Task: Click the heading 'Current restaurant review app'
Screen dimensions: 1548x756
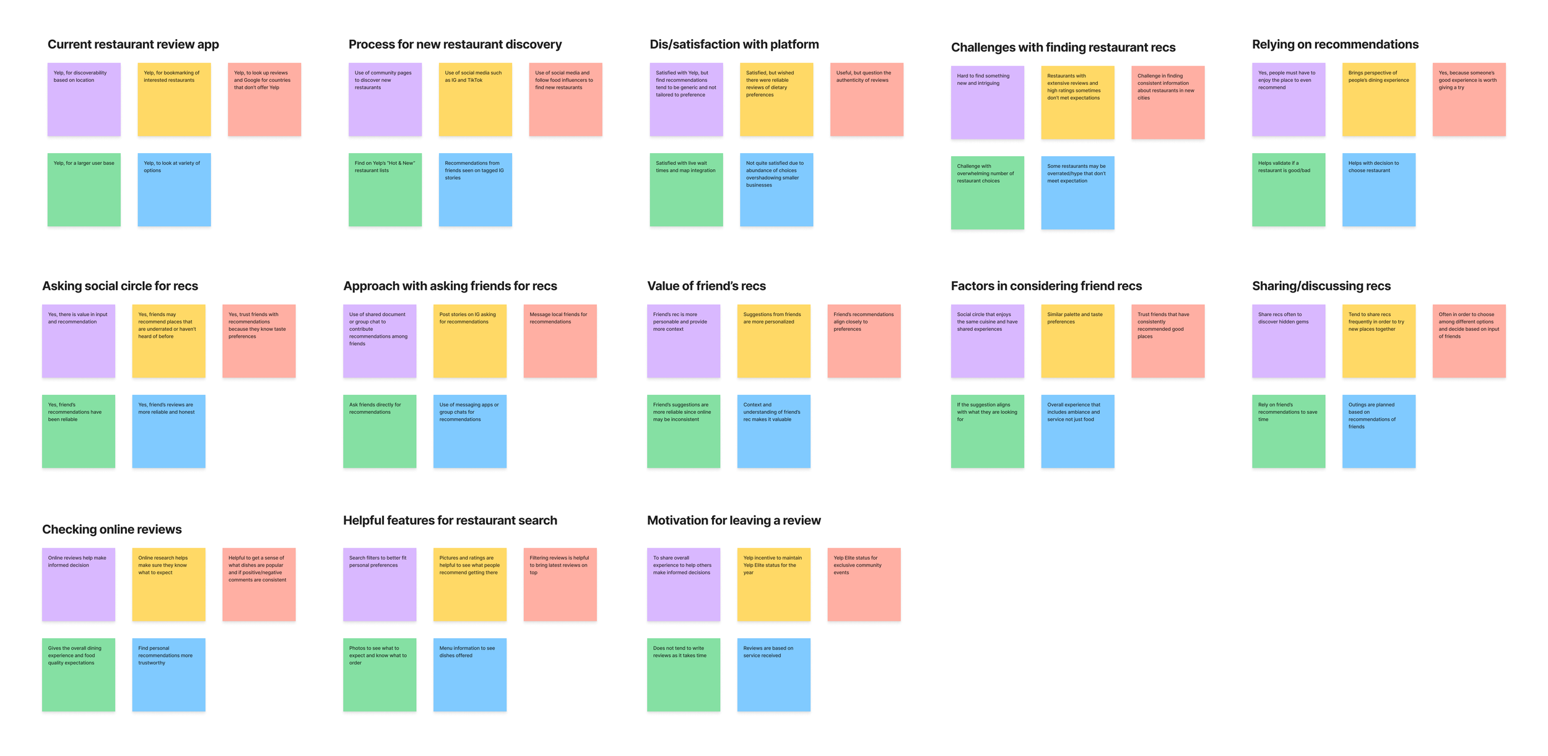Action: point(133,45)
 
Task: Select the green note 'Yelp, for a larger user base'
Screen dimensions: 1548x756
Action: point(84,190)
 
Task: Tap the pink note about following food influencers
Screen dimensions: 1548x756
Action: point(565,99)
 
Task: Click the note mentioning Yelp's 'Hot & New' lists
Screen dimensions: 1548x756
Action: point(385,190)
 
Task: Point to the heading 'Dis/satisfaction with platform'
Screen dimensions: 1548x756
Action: point(734,45)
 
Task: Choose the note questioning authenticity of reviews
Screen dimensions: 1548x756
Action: point(866,99)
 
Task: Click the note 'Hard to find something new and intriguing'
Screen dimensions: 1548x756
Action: point(987,102)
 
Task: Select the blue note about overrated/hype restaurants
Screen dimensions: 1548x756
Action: point(1077,193)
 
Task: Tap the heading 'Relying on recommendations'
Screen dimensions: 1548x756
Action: point(1335,45)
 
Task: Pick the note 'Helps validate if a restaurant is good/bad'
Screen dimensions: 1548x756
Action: point(1288,190)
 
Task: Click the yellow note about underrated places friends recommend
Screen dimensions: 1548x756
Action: point(168,341)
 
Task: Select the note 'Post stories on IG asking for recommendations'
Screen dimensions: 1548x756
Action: point(469,341)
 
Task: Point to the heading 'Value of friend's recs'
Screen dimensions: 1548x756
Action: point(706,286)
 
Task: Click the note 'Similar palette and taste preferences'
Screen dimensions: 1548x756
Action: point(1077,341)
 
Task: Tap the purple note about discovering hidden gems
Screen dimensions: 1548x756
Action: point(1288,341)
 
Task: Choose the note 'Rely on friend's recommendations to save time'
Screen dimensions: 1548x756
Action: point(1288,431)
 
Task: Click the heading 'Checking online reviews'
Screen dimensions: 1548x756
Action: point(111,530)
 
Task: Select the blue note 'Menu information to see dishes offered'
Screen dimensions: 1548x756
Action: point(469,675)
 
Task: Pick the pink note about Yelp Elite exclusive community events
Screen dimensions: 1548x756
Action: point(864,584)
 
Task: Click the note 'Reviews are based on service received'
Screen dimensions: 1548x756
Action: point(773,675)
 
